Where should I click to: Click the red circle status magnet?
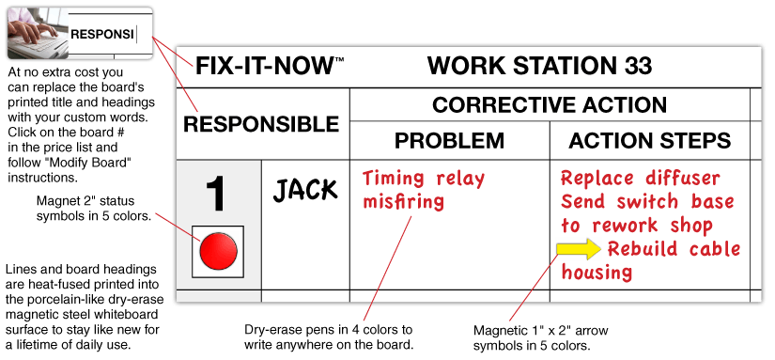click(x=217, y=251)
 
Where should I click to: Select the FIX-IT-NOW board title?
click(x=264, y=67)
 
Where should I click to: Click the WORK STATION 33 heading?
click(x=538, y=67)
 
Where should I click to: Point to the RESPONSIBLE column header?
click(x=260, y=124)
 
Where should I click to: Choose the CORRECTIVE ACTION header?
click(x=550, y=104)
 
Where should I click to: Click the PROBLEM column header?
click(x=449, y=141)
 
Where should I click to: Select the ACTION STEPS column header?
click(x=650, y=141)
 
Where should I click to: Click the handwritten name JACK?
click(x=304, y=190)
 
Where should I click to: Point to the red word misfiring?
click(x=403, y=201)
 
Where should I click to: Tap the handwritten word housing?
click(x=597, y=273)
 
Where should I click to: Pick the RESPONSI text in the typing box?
click(x=101, y=35)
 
